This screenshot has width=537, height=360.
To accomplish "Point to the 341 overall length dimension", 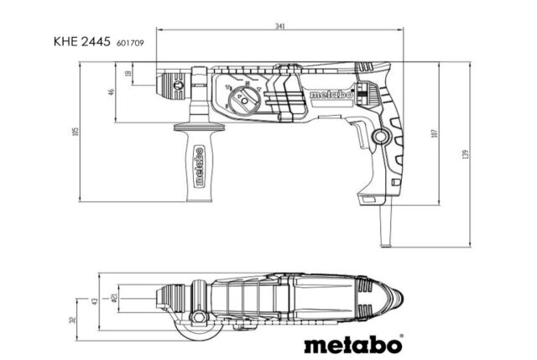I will tap(280, 27).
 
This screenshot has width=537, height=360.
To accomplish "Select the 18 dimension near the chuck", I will tap(128, 75).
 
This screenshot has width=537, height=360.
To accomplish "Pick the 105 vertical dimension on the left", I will tap(75, 133).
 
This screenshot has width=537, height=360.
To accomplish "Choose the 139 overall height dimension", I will tap(464, 154).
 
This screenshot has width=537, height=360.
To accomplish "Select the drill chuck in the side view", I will tap(173, 85).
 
